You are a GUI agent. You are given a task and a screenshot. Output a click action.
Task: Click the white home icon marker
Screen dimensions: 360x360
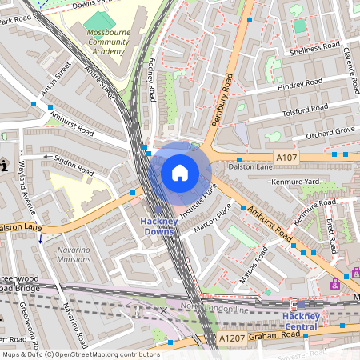click(180, 172)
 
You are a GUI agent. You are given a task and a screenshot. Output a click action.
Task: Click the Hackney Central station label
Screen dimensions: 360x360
click(302, 321)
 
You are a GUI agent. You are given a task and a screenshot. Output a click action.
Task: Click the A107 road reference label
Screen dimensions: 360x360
click(286, 158)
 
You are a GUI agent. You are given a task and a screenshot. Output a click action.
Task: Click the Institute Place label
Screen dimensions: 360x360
click(198, 202)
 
